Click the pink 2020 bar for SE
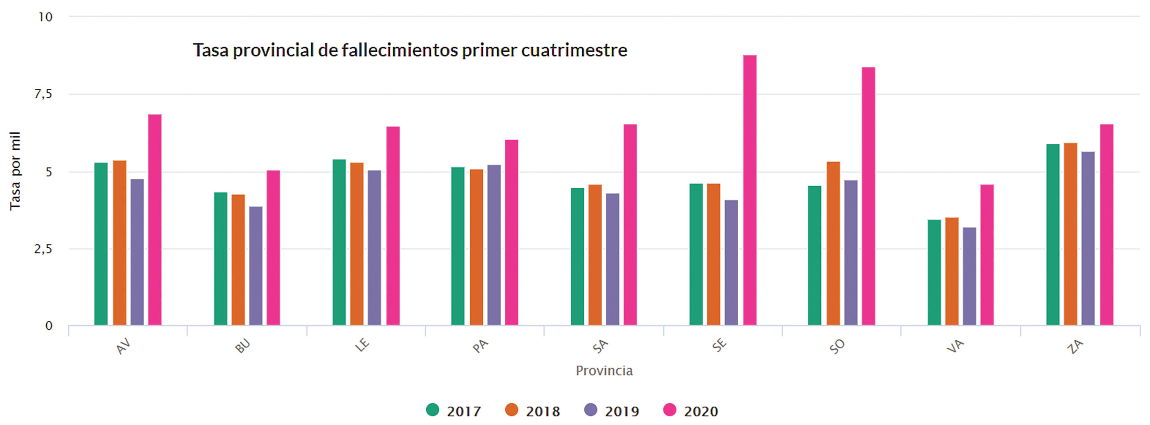pyautogui.click(x=749, y=190)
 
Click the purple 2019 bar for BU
pyautogui.click(x=256, y=266)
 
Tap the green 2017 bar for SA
pyautogui.click(x=577, y=256)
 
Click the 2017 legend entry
pyautogui.click(x=454, y=411)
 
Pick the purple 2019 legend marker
pyautogui.click(x=591, y=410)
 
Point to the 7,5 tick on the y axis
pyautogui.click(x=43, y=94)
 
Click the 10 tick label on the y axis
pyautogui.click(x=45, y=17)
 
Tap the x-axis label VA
pyautogui.click(x=955, y=346)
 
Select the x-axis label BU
pyautogui.click(x=243, y=346)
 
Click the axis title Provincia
pyautogui.click(x=604, y=371)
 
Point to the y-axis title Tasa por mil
pyautogui.click(x=15, y=171)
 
